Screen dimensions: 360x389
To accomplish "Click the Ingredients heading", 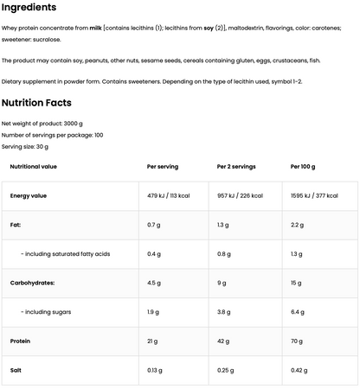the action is (x=29, y=8).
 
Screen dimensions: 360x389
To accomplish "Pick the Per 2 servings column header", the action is (x=236, y=166).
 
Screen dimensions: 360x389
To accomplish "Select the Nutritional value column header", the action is (x=34, y=166).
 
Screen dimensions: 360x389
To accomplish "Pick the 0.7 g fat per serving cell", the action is (x=154, y=224).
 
